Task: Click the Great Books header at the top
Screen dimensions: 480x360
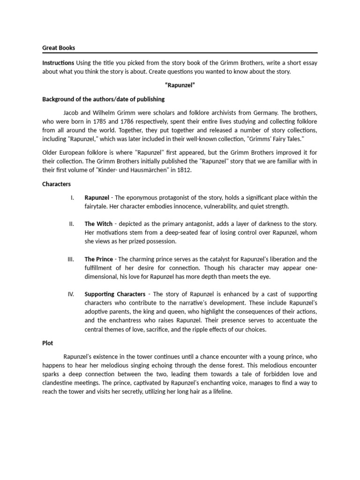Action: pos(59,47)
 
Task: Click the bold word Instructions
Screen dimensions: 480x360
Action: pos(58,62)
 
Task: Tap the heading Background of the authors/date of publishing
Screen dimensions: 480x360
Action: pos(103,99)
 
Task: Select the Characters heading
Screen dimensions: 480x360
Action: pos(56,184)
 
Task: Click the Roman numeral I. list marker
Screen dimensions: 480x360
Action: pos(72,197)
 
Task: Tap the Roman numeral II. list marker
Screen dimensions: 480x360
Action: pos(71,224)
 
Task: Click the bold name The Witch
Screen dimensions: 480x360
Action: pos(98,224)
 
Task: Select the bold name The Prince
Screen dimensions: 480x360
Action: pos(99,259)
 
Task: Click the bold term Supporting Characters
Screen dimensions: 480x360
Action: pos(115,294)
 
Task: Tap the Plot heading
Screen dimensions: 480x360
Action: pos(48,343)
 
